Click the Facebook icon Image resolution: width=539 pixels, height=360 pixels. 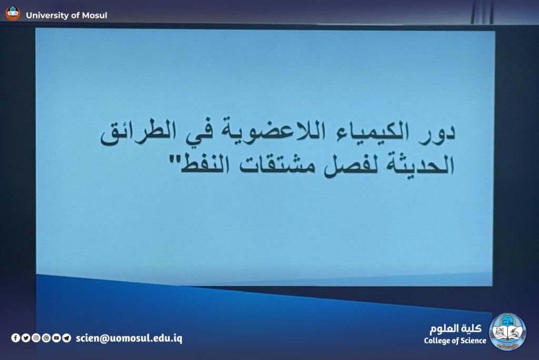pos(15,338)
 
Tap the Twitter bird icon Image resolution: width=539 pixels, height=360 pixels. pos(26,338)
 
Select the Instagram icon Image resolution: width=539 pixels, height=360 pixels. pos(36,338)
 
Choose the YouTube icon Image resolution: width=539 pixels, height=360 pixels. pos(56,338)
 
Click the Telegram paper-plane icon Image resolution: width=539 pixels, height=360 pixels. pos(67,338)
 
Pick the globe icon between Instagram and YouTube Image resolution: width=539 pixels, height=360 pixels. pos(46,338)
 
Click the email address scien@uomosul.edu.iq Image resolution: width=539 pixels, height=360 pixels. pos(129,338)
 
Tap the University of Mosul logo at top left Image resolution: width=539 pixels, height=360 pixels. pos(13,14)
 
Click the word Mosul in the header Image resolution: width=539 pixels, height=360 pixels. pos(95,15)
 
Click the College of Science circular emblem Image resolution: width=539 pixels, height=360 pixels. pos(507,332)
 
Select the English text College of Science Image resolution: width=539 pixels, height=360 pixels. pos(455,341)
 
